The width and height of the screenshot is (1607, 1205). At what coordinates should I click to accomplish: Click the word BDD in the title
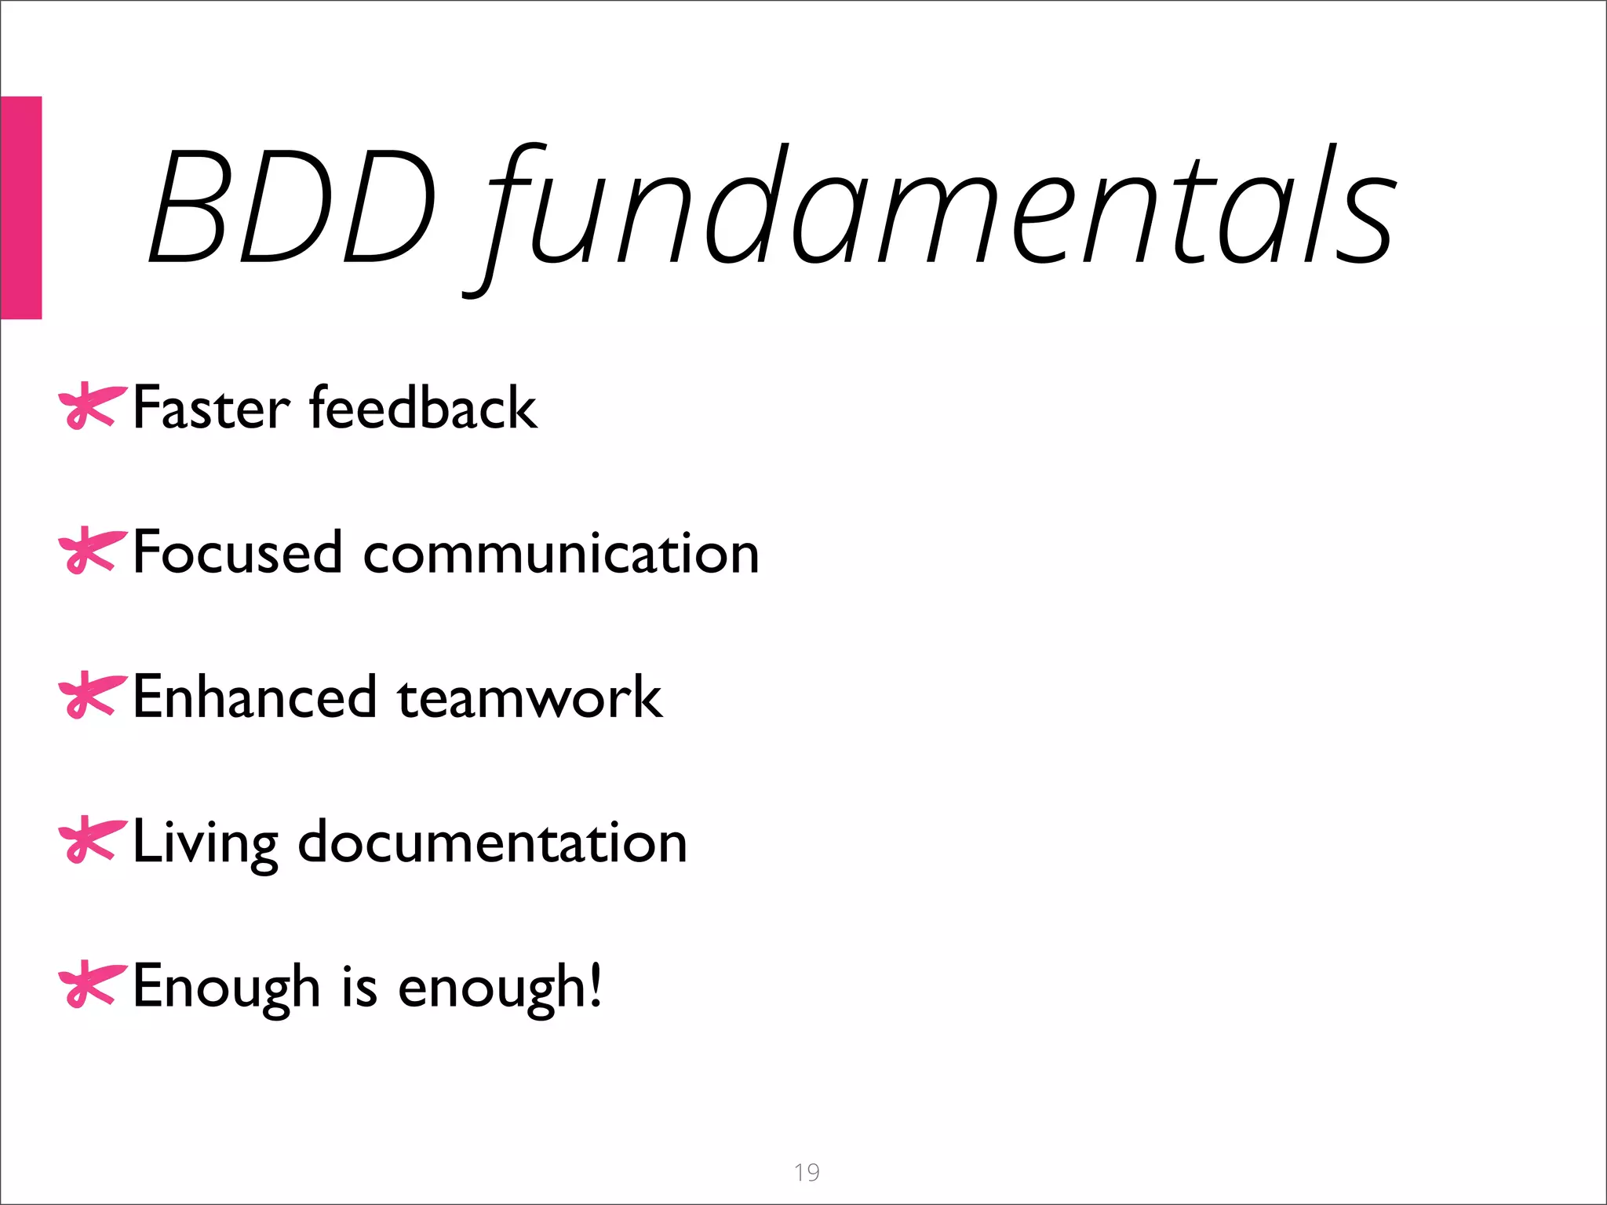point(292,206)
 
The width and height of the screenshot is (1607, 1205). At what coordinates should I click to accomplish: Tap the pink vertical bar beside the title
point(20,207)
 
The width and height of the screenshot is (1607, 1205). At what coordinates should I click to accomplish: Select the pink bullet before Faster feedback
point(91,406)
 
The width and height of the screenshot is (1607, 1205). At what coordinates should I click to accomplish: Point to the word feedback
point(424,408)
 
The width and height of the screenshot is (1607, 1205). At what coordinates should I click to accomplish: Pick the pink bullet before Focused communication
point(91,552)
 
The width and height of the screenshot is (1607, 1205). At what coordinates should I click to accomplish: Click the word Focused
point(238,552)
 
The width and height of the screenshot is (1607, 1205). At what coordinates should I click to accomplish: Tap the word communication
point(562,552)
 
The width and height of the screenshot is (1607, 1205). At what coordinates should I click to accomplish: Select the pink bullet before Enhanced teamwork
point(91,696)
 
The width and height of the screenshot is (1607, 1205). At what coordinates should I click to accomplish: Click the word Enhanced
point(255,697)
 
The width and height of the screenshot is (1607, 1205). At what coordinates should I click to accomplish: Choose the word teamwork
point(530,697)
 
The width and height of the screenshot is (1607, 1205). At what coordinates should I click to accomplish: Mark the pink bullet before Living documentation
point(91,840)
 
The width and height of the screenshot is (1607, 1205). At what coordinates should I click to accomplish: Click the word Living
point(206,843)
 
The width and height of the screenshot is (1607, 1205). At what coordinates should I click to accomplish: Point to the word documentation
point(493,842)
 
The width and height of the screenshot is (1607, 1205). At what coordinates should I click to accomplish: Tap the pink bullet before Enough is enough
point(91,985)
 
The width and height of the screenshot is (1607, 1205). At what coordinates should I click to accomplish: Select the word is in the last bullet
point(359,986)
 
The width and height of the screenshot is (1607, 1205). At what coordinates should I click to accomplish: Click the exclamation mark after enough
point(596,985)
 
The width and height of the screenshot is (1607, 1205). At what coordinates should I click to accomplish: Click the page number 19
point(807,1172)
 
